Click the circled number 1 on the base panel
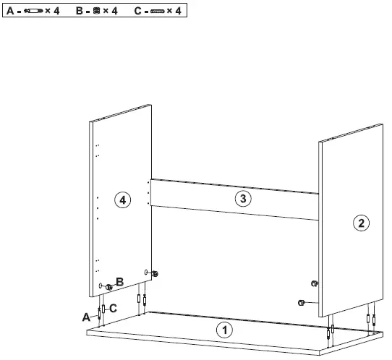click(225, 330)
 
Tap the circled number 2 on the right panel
click(360, 223)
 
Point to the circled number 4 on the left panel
click(124, 201)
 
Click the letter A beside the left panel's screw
click(87, 317)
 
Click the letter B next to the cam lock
click(120, 281)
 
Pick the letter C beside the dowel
click(113, 308)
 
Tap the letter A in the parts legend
click(11, 12)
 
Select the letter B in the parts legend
click(80, 12)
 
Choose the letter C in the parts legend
click(138, 12)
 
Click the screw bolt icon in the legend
click(33, 12)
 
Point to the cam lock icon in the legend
click(98, 12)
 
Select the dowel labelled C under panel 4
click(103, 309)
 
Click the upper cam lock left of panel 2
click(314, 281)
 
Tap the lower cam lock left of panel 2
click(302, 302)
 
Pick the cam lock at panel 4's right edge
click(155, 273)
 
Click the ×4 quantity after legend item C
click(176, 12)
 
